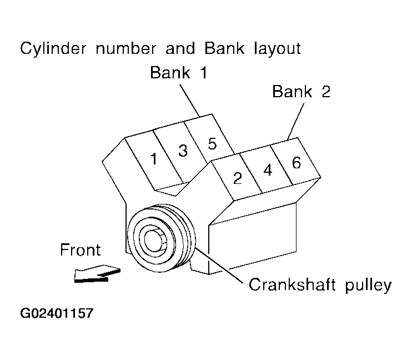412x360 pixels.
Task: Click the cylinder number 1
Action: point(154,159)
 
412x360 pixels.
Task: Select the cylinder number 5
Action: point(212,144)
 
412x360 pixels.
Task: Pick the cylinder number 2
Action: point(238,178)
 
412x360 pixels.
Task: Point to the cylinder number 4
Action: point(268,171)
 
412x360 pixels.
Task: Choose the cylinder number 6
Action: point(296,163)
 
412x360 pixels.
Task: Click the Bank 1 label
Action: point(179,73)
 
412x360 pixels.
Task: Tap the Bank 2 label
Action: point(302,91)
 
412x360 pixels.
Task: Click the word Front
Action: point(81,251)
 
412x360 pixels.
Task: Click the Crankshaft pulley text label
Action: point(320,285)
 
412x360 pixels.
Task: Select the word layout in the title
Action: point(270,48)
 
